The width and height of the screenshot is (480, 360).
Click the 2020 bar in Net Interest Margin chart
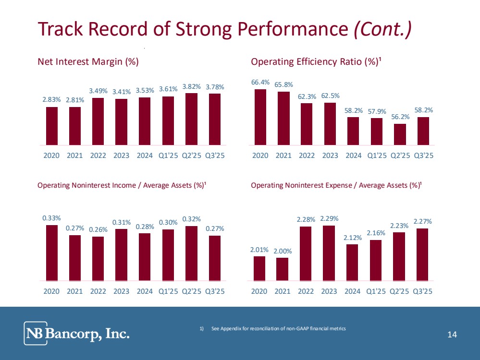[51, 126]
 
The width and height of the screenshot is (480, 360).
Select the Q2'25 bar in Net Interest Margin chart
[191, 119]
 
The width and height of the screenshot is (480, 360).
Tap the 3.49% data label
[98, 90]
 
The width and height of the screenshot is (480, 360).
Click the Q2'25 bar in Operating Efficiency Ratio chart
[400, 134]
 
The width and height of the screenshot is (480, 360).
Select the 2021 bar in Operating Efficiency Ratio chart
[283, 118]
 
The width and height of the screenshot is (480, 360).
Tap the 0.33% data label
[51, 217]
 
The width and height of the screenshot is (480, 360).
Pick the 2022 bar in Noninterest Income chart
[98, 258]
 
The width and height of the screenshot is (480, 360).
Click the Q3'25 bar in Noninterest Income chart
[214, 258]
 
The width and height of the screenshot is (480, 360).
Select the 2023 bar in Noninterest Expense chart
[329, 253]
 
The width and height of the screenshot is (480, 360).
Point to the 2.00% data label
[283, 251]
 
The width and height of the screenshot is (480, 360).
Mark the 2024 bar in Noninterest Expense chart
[352, 262]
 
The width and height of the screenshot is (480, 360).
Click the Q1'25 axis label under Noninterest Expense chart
[376, 291]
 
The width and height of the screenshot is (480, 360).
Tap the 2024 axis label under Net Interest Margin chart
[145, 156]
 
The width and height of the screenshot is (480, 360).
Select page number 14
[452, 335]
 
